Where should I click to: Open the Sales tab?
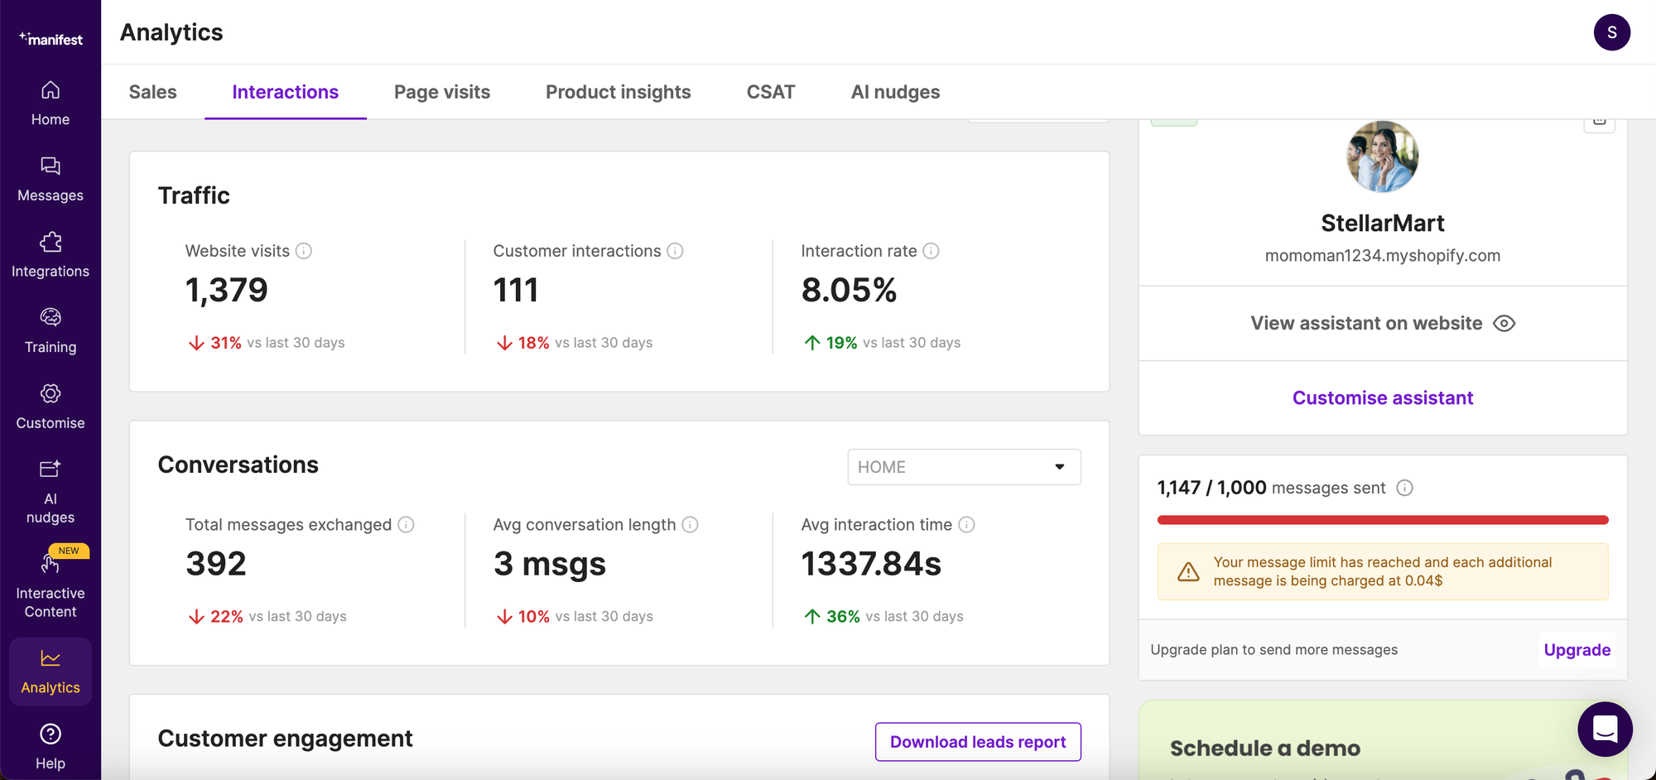[153, 92]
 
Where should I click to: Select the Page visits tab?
[442, 92]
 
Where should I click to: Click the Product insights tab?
[618, 92]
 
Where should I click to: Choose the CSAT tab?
[771, 92]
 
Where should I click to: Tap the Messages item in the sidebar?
[51, 178]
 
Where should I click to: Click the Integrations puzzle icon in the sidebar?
[51, 242]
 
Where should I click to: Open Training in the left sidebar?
[51, 330]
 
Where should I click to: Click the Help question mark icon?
[51, 734]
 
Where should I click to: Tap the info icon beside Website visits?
[304, 251]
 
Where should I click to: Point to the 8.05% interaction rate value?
[849, 291]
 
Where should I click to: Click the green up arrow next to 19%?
[812, 343]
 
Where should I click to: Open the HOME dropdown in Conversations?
[964, 467]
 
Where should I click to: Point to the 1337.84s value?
[871, 565]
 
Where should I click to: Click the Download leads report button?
[978, 742]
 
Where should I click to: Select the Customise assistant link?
[1383, 398]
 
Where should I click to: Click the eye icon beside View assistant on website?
[1504, 324]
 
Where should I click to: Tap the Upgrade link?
[1577, 650]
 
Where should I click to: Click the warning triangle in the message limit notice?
[1188, 571]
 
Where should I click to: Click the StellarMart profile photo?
[1383, 157]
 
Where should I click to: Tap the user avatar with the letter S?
[1611, 32]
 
